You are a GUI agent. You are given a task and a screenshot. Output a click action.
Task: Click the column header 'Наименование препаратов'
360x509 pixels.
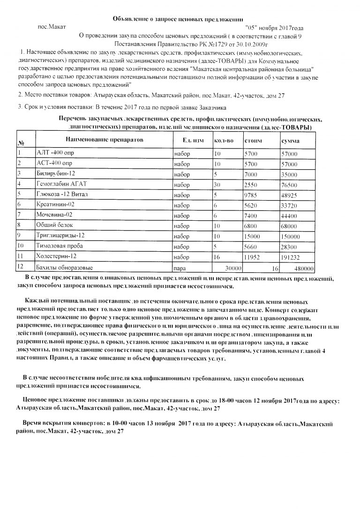point(104,140)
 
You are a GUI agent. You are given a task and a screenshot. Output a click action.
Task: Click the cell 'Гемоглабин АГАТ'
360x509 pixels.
point(62,184)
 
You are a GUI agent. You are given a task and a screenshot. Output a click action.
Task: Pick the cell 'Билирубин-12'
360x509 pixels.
point(52,174)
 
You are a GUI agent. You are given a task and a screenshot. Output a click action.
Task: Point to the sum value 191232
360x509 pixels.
point(291,257)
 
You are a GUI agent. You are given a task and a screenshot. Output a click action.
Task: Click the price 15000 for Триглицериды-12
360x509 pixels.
point(253,236)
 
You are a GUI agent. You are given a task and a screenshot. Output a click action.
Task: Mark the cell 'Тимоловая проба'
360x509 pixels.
point(59,247)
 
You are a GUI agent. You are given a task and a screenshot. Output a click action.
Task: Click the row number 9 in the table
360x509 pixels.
point(19,236)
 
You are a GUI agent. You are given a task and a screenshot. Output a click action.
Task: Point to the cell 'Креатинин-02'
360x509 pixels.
point(55,205)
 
